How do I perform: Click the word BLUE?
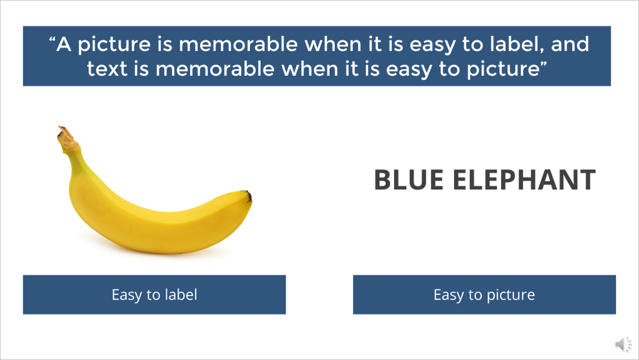408,180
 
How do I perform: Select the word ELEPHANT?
524,180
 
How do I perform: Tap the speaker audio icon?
623,344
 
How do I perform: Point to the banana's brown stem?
68,139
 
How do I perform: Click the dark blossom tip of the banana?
248,196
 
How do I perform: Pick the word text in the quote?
107,68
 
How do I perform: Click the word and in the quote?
569,44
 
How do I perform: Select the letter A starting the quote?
64,44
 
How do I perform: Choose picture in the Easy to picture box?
511,295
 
